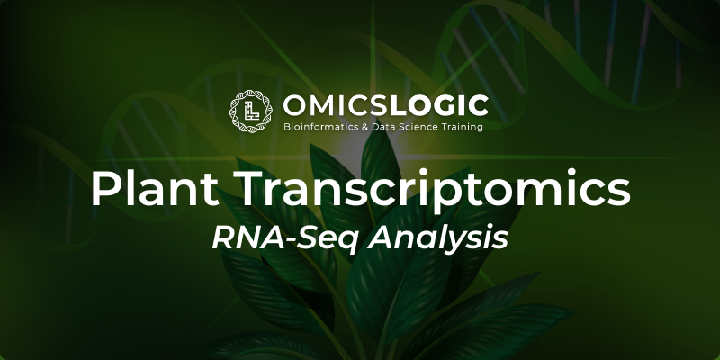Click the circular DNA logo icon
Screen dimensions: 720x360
tap(251, 111)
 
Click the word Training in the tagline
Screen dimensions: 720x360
tap(462, 127)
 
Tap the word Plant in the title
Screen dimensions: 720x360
tap(154, 189)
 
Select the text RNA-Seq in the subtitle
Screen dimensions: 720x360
tap(284, 238)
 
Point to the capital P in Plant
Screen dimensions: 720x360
tap(105, 189)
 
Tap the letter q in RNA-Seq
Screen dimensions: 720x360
tap(347, 243)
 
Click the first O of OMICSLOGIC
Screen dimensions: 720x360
tap(294, 105)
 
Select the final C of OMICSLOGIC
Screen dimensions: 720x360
tap(479, 105)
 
